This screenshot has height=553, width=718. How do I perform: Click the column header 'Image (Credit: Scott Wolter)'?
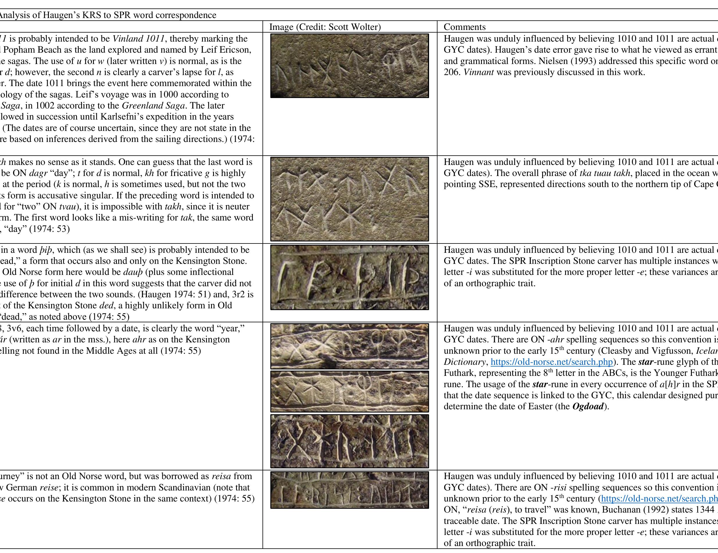coord(325,27)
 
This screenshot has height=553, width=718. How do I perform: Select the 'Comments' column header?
coord(465,27)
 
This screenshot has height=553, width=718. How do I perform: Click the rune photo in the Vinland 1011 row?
coord(349,66)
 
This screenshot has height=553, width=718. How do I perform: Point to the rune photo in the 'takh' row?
coord(349,199)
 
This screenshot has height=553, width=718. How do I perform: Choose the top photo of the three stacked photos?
coord(349,346)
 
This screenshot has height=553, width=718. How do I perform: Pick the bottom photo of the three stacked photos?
coord(349,441)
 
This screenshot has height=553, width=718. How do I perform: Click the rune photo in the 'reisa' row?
coord(349,490)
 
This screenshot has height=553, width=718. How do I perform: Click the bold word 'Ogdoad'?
coord(588,406)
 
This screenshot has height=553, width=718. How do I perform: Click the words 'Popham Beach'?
coord(30,50)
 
